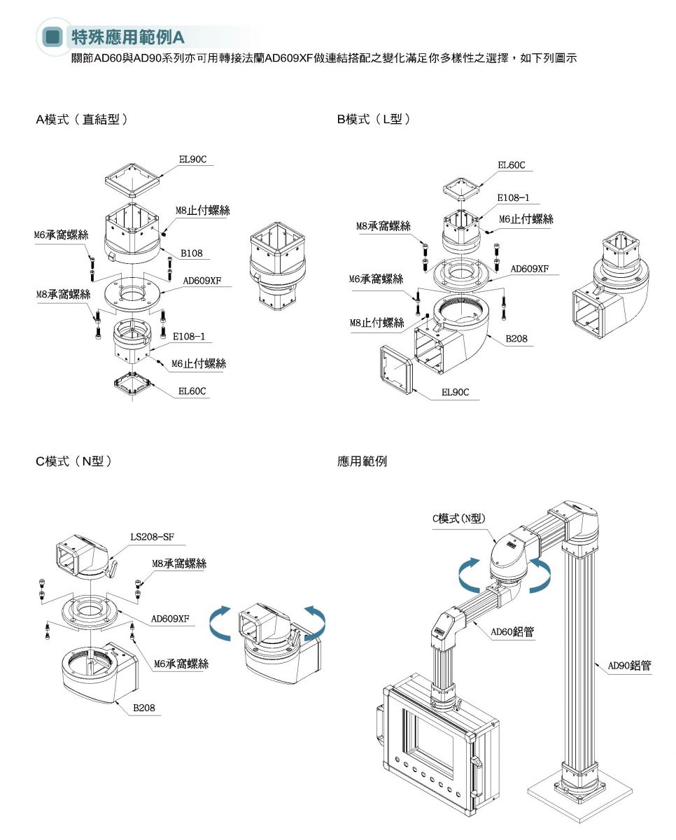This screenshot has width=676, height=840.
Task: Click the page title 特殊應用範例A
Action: pos(127,37)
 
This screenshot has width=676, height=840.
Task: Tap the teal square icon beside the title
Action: pos(52,37)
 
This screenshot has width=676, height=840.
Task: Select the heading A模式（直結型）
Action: pos(82,119)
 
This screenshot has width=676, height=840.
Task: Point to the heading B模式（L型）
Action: pos(374,119)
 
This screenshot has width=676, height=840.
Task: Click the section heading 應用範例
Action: pos(362,461)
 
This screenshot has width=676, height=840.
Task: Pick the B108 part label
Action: pos(191,253)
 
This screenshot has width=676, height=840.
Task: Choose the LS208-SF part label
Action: pos(153,537)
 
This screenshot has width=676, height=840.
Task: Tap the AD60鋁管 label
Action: pos(512,631)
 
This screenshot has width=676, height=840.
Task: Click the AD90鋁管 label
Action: pos(629,666)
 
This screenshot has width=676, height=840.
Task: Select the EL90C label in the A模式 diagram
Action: pos(192,160)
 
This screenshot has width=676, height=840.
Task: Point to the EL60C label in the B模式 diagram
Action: pos(512,165)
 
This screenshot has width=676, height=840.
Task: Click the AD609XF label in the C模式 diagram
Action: pos(170,619)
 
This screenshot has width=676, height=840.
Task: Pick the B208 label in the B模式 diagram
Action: pos(516,339)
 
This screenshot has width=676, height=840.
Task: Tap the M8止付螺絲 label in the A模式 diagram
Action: pos(202,211)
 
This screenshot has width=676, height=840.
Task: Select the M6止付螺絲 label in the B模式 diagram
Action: pos(526,219)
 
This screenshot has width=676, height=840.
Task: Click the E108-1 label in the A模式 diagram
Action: pos(189,337)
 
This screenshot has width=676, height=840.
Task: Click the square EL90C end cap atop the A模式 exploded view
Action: pos(133,182)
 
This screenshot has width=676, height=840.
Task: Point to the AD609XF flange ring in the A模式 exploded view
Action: pos(133,295)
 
